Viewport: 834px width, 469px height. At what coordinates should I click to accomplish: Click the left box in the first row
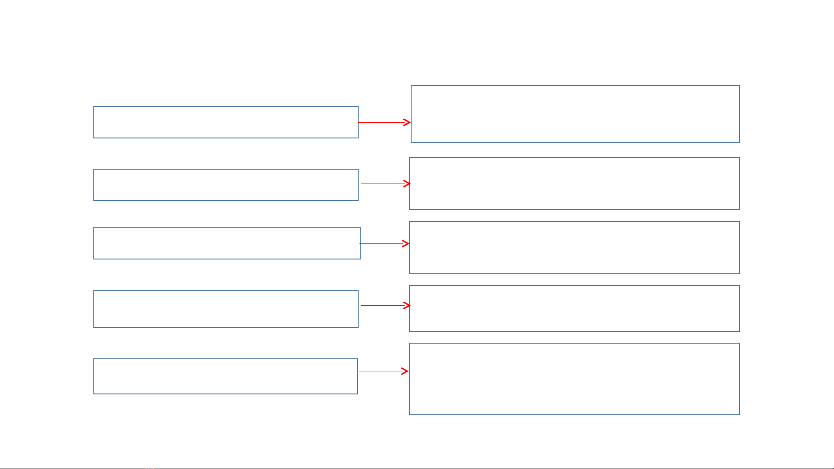click(226, 122)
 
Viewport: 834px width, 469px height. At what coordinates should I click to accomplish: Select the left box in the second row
click(226, 185)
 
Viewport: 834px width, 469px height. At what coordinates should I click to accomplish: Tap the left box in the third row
click(227, 243)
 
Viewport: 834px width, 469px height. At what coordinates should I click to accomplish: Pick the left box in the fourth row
click(226, 309)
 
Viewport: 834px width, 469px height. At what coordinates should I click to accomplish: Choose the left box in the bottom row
click(225, 376)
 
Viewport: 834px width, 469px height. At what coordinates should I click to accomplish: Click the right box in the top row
click(575, 114)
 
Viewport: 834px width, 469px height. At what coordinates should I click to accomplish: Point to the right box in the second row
click(574, 184)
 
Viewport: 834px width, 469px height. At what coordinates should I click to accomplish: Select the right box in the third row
click(574, 248)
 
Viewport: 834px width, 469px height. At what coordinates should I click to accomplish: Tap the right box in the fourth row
click(574, 308)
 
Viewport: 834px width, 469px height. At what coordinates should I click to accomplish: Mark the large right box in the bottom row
click(574, 379)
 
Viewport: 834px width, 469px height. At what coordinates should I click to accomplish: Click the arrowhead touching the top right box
click(407, 122)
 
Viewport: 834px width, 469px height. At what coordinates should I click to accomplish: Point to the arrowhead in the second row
click(407, 184)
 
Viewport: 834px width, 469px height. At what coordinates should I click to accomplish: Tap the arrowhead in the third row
click(406, 244)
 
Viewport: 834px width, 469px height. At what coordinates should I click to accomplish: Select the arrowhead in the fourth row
click(407, 305)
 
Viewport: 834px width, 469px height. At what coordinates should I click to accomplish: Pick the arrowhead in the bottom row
click(405, 371)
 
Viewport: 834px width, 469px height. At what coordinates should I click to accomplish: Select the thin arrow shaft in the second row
click(382, 184)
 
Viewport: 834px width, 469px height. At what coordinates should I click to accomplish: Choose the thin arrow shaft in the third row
click(381, 244)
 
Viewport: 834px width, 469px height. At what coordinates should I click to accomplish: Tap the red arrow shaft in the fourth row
click(382, 305)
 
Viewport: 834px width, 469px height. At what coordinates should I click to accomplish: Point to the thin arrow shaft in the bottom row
click(380, 371)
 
